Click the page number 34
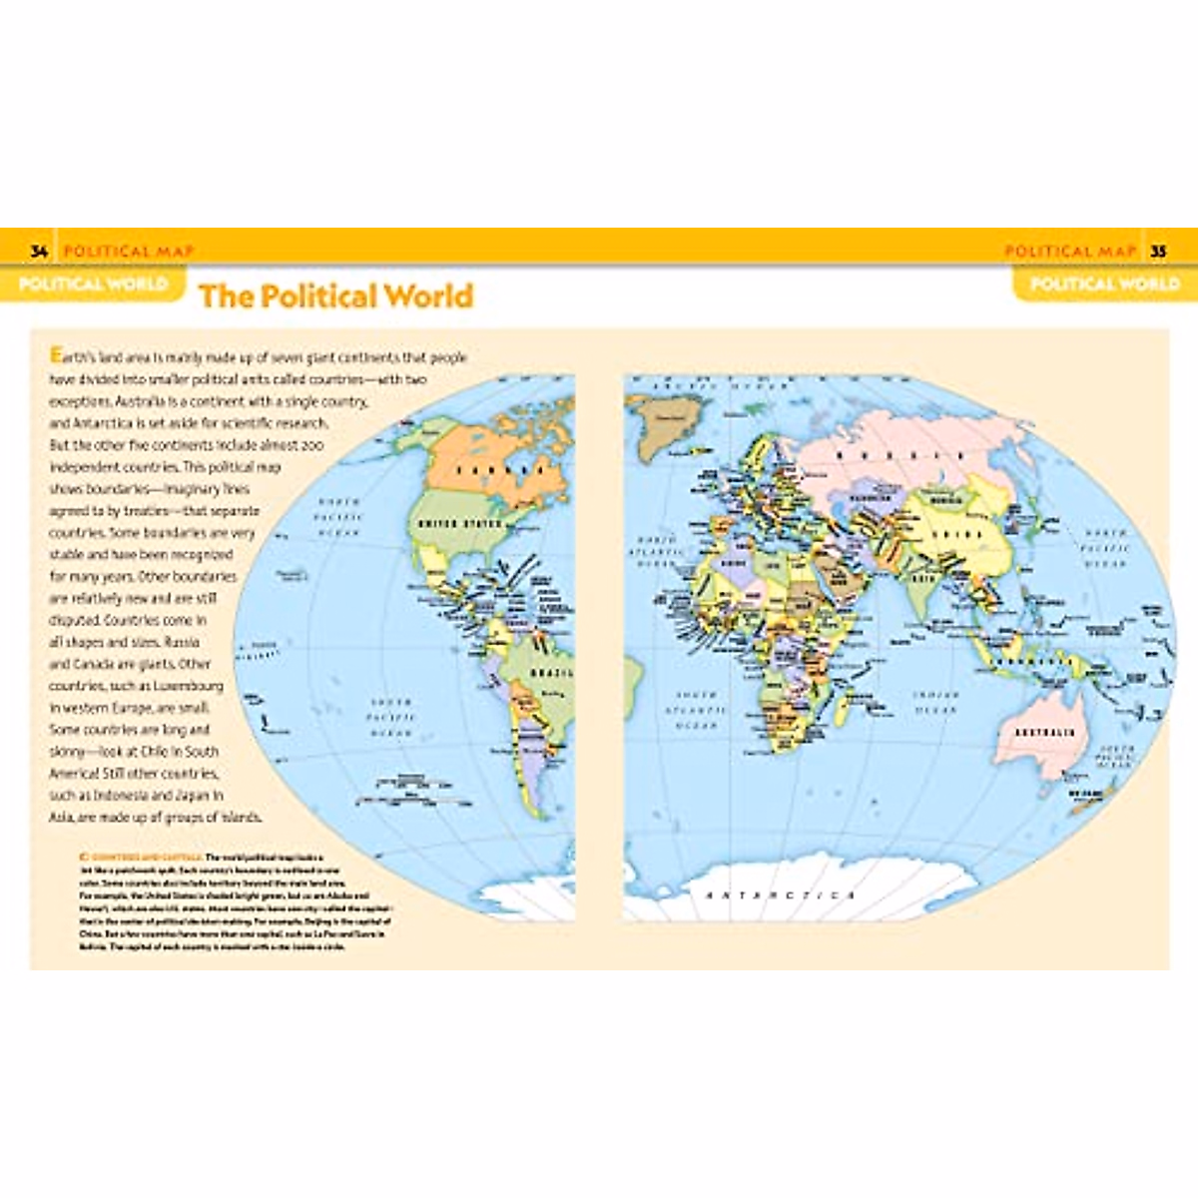[39, 251]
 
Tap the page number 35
[1158, 251]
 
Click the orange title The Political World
[335, 296]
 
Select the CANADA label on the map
[500, 469]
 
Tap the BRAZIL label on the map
[551, 673]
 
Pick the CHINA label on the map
[956, 534]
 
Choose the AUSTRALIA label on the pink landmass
[1045, 732]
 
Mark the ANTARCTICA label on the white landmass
[780, 895]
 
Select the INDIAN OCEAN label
[935, 702]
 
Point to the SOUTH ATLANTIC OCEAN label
[696, 710]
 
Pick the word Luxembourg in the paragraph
[187, 687]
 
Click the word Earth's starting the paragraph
[69, 356]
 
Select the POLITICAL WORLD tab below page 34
[93, 284]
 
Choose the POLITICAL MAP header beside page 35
[1069, 251]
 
